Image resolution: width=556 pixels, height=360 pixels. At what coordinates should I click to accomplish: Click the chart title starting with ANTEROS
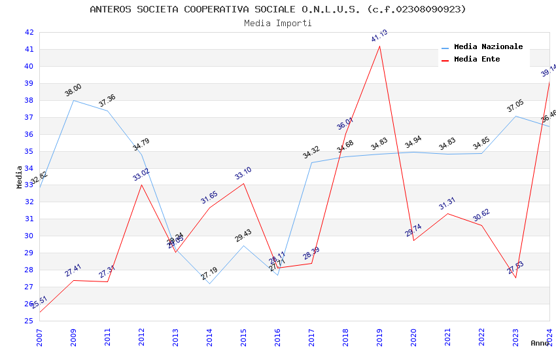[x=278, y=9]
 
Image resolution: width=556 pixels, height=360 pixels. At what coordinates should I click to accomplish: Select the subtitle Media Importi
[x=278, y=23]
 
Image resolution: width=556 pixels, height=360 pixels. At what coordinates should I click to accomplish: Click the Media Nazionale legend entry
[x=488, y=47]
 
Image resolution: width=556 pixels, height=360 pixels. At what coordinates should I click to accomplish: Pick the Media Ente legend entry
[x=477, y=60]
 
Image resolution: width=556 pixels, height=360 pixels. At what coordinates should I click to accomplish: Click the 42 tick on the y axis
[x=29, y=32]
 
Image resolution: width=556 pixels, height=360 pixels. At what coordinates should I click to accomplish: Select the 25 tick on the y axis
[x=29, y=321]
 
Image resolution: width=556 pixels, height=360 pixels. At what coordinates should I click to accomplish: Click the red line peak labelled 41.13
[x=379, y=45]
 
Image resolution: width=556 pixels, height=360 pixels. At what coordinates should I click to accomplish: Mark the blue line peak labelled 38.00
[x=73, y=100]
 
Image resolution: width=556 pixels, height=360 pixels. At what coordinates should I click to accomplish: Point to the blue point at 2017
[x=311, y=162]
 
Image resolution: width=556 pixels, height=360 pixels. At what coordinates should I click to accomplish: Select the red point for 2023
[x=515, y=278]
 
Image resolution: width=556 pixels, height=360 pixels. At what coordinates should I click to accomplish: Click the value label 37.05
[x=515, y=107]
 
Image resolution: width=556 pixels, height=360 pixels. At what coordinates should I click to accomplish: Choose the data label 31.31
[x=447, y=204]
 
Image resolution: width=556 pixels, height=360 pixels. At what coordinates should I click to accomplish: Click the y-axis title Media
[x=20, y=177]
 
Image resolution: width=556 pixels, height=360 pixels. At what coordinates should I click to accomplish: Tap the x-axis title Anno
[x=540, y=343]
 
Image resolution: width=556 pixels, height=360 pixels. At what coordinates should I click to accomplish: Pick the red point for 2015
[x=243, y=183]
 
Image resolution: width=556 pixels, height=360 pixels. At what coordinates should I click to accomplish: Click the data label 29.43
[x=243, y=236]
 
